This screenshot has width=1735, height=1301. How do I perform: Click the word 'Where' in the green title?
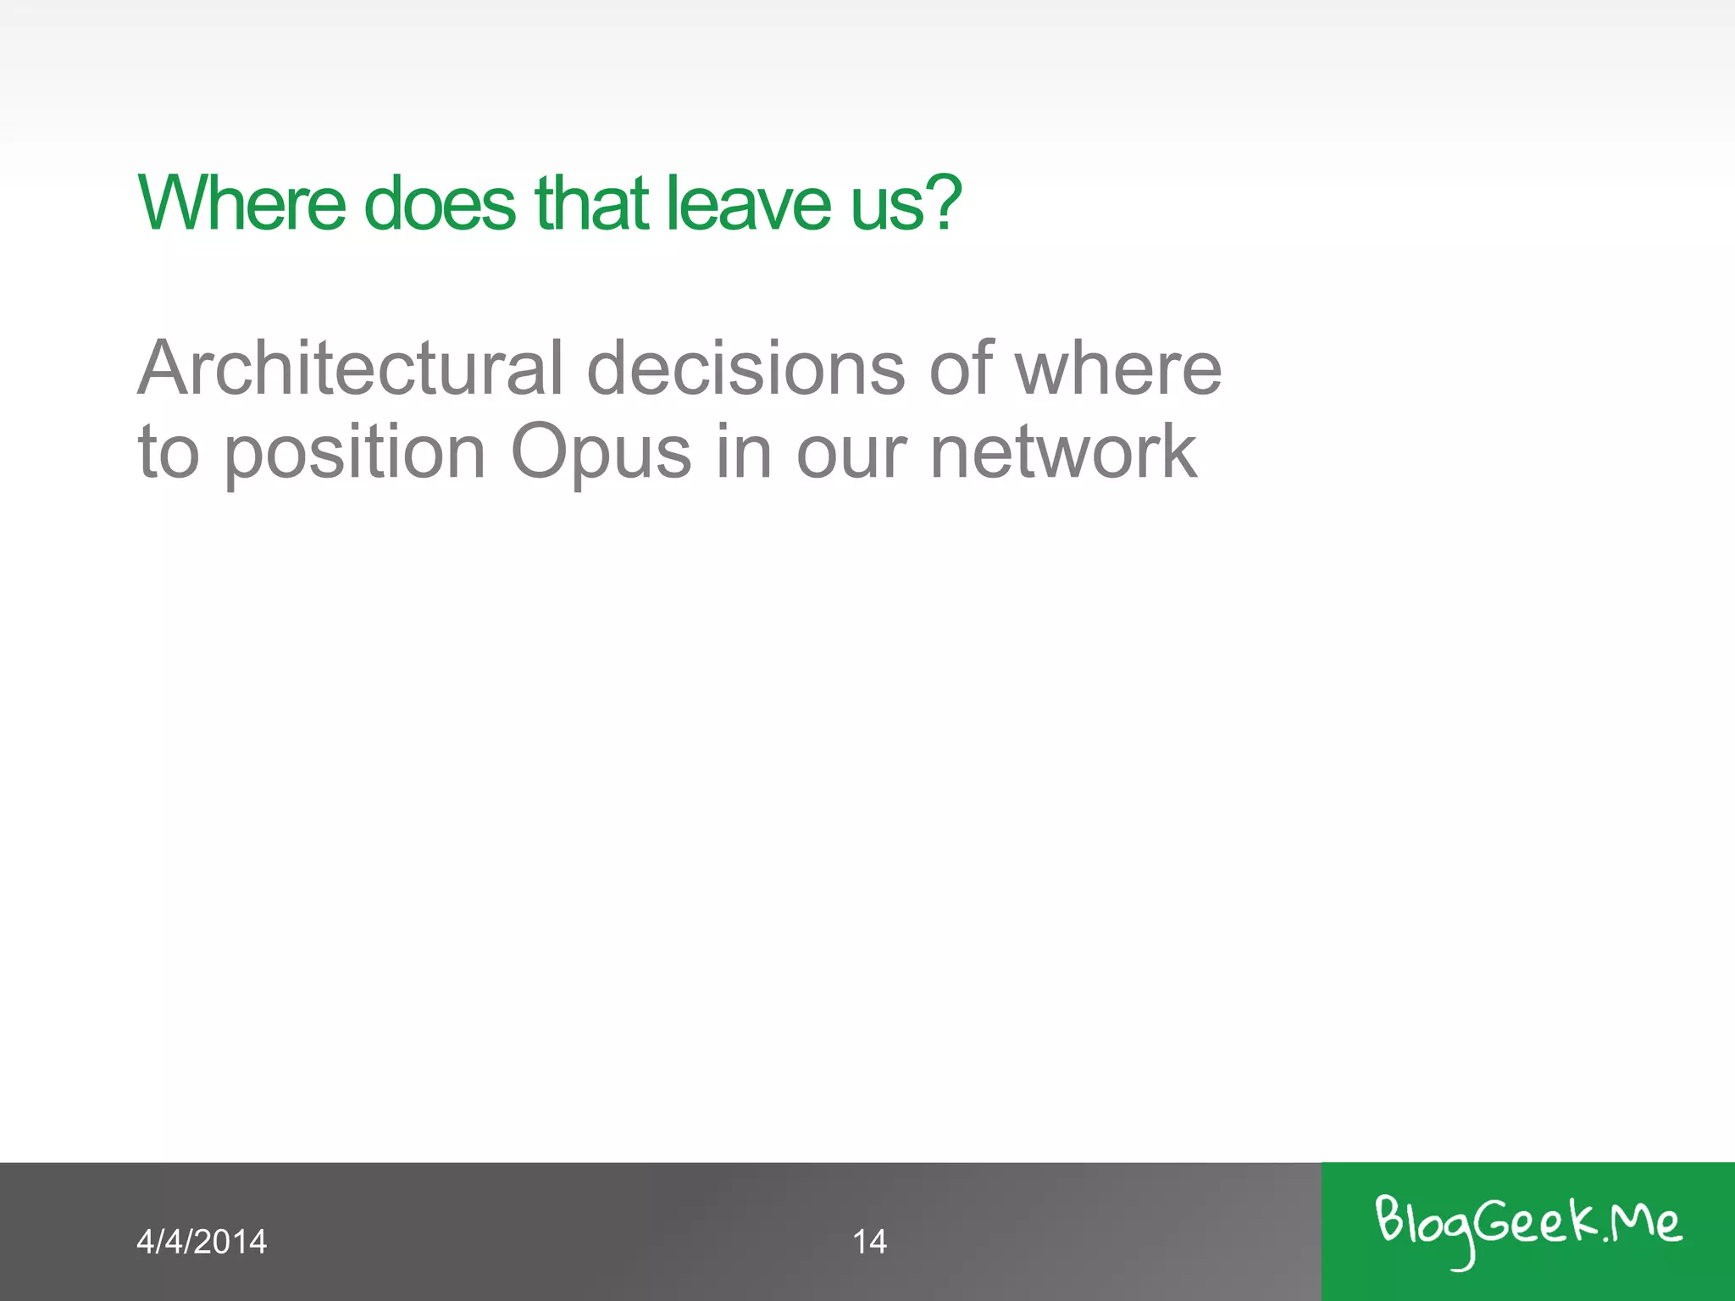point(242,203)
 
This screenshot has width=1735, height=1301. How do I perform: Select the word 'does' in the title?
point(440,203)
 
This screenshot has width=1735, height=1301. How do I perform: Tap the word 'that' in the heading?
point(591,203)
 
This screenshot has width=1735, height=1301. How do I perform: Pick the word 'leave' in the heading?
point(749,203)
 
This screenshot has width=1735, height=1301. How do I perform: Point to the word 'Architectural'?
point(350,368)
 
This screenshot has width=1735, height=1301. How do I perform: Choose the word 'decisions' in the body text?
point(746,368)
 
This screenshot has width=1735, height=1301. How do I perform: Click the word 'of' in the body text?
point(960,368)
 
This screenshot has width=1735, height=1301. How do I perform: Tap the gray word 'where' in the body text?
point(1118,368)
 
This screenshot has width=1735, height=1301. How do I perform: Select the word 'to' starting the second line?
point(169,452)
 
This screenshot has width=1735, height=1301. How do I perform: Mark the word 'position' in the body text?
point(355,454)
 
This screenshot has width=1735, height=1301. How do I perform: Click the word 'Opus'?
point(601,454)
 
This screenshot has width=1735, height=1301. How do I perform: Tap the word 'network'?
point(1063,452)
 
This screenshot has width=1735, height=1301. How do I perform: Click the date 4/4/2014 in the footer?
point(202,1242)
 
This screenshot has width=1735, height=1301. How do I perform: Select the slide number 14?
point(869,1242)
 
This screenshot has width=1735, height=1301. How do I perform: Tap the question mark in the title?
point(943,203)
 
